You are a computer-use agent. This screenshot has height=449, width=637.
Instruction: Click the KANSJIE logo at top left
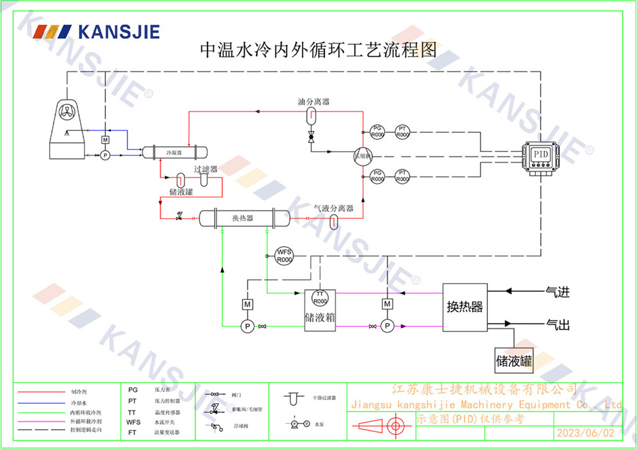[96, 31]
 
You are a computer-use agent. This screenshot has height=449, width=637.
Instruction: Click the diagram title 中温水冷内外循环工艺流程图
[318, 50]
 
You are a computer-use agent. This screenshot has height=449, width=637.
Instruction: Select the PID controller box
[540, 155]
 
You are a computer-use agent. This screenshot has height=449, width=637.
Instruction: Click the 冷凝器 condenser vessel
[174, 153]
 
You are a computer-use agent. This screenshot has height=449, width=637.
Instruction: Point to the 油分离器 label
[313, 102]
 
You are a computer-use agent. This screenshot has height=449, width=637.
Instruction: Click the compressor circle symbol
[361, 156]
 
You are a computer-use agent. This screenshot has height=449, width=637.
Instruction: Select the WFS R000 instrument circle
[283, 256]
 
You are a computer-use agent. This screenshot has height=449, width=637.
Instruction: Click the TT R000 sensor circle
[320, 298]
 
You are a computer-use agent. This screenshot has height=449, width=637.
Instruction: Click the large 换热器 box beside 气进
[465, 307]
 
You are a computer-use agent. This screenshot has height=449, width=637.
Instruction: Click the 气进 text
[557, 293]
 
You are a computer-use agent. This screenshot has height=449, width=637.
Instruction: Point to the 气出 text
[557, 326]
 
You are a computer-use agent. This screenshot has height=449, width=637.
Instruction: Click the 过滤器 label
[206, 169]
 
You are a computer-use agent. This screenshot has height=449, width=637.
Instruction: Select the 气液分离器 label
[333, 208]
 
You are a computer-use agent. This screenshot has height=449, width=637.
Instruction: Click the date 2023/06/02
[585, 433]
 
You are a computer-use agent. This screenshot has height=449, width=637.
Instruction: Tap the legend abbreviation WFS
[133, 422]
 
